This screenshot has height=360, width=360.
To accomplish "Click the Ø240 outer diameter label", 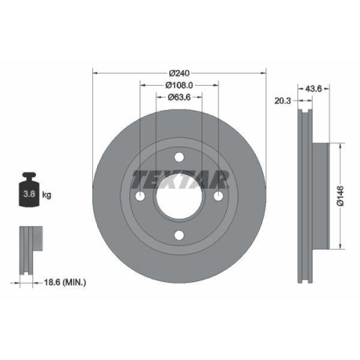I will pyautogui.click(x=179, y=73).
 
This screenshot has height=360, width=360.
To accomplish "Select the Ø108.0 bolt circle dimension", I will pyautogui.click(x=179, y=84).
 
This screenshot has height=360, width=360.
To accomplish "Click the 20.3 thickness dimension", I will pyautogui.click(x=282, y=102).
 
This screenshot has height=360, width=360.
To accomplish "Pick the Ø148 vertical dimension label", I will pyautogui.click(x=339, y=195).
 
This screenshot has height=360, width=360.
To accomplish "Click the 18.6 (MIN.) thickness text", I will pyautogui.click(x=64, y=284).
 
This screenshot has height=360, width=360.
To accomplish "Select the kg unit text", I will pyautogui.click(x=47, y=194).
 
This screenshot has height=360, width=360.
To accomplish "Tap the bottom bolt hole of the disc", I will pyautogui.click(x=180, y=233).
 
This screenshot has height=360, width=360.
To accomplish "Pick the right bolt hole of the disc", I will pyautogui.click(x=219, y=195).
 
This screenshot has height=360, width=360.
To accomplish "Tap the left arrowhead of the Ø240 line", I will pyautogui.click(x=96, y=73).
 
